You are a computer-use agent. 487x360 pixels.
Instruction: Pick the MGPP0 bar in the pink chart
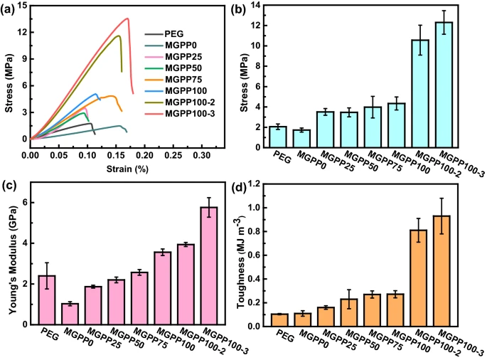tap(69, 314)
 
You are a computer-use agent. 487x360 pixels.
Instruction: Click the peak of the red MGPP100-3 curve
tap(127, 18)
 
